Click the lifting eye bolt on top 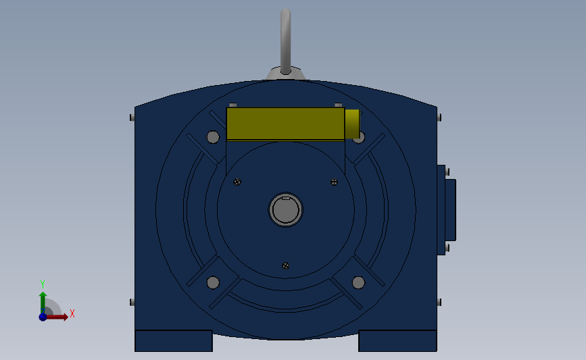[285, 41]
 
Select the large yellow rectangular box [285, 124]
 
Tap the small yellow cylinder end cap [352, 124]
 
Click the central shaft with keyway [285, 209]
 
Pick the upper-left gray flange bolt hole [213, 137]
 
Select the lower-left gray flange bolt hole [213, 282]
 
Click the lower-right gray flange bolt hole [358, 282]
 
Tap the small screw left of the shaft [237, 182]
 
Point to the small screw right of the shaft [334, 182]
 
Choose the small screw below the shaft [285, 266]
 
